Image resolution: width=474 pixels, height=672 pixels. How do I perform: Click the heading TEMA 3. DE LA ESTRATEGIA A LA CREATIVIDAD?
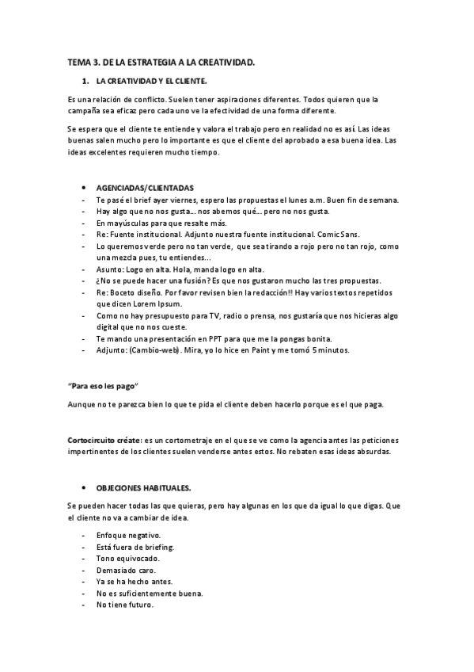tap(161, 62)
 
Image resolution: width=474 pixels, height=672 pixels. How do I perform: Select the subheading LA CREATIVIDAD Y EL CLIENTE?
tap(151, 82)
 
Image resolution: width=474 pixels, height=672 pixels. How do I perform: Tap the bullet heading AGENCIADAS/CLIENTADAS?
tap(145, 188)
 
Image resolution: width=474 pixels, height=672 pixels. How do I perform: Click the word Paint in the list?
tap(252, 349)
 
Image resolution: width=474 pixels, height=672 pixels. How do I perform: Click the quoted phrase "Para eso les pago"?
tap(103, 385)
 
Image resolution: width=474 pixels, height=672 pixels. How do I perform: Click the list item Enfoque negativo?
tap(128, 536)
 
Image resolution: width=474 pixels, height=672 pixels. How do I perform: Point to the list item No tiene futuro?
tap(124, 605)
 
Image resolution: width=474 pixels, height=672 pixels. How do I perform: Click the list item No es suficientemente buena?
tap(149, 594)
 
